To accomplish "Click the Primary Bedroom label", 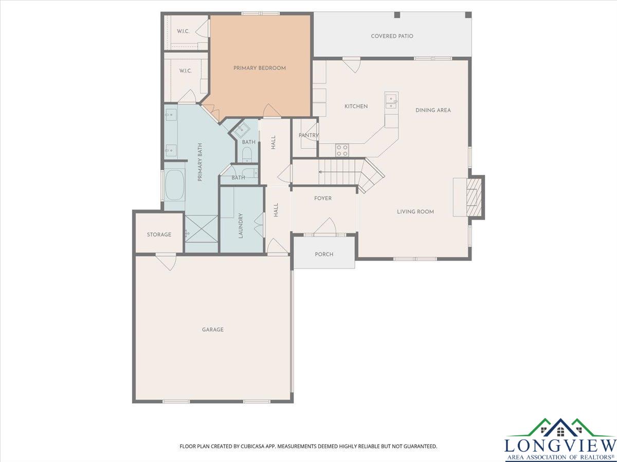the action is [x=260, y=68].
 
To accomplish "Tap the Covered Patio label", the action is [x=392, y=36].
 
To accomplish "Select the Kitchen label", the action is [x=356, y=106].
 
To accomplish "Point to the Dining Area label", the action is [x=433, y=110].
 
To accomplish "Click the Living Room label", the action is [x=415, y=212].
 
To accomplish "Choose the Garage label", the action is [x=213, y=330].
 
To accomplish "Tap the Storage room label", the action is [x=159, y=235].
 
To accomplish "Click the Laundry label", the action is [x=240, y=225].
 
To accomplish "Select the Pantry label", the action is [x=308, y=135].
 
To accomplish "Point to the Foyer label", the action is [x=323, y=198].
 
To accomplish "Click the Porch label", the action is [x=324, y=255].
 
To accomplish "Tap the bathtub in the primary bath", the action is [x=174, y=185].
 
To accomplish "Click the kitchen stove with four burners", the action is [x=342, y=150].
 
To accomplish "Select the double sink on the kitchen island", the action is [x=392, y=102].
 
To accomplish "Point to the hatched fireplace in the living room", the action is [x=474, y=197].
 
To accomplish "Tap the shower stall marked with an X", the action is [x=202, y=228].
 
